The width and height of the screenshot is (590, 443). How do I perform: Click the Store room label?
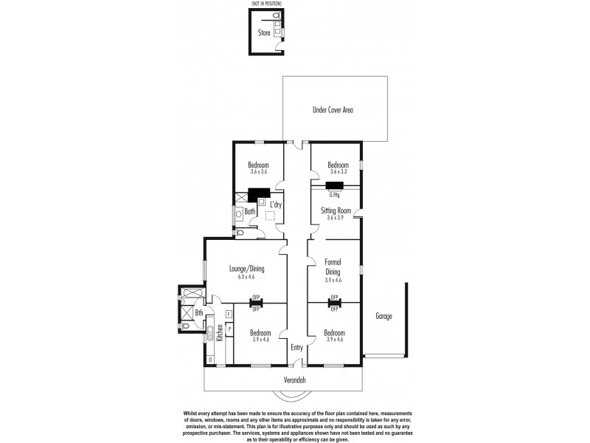263,33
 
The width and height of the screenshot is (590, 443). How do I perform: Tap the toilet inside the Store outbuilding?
276,16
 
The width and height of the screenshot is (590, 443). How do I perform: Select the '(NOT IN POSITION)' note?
267,4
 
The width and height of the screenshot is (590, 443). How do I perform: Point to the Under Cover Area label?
333,110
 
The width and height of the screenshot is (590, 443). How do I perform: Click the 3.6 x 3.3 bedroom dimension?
338,171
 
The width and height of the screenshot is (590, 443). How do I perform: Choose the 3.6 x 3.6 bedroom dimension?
257,171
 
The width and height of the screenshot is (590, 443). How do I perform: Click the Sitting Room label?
336,210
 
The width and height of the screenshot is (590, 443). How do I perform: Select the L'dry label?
277,205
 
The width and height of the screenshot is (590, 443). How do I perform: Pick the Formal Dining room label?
333,267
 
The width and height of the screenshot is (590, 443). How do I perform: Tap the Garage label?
383,316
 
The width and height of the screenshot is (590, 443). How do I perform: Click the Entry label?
296,348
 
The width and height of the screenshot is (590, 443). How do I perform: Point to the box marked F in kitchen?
229,315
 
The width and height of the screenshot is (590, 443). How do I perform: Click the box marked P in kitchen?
229,329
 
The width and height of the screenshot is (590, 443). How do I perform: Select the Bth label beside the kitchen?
198,312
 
